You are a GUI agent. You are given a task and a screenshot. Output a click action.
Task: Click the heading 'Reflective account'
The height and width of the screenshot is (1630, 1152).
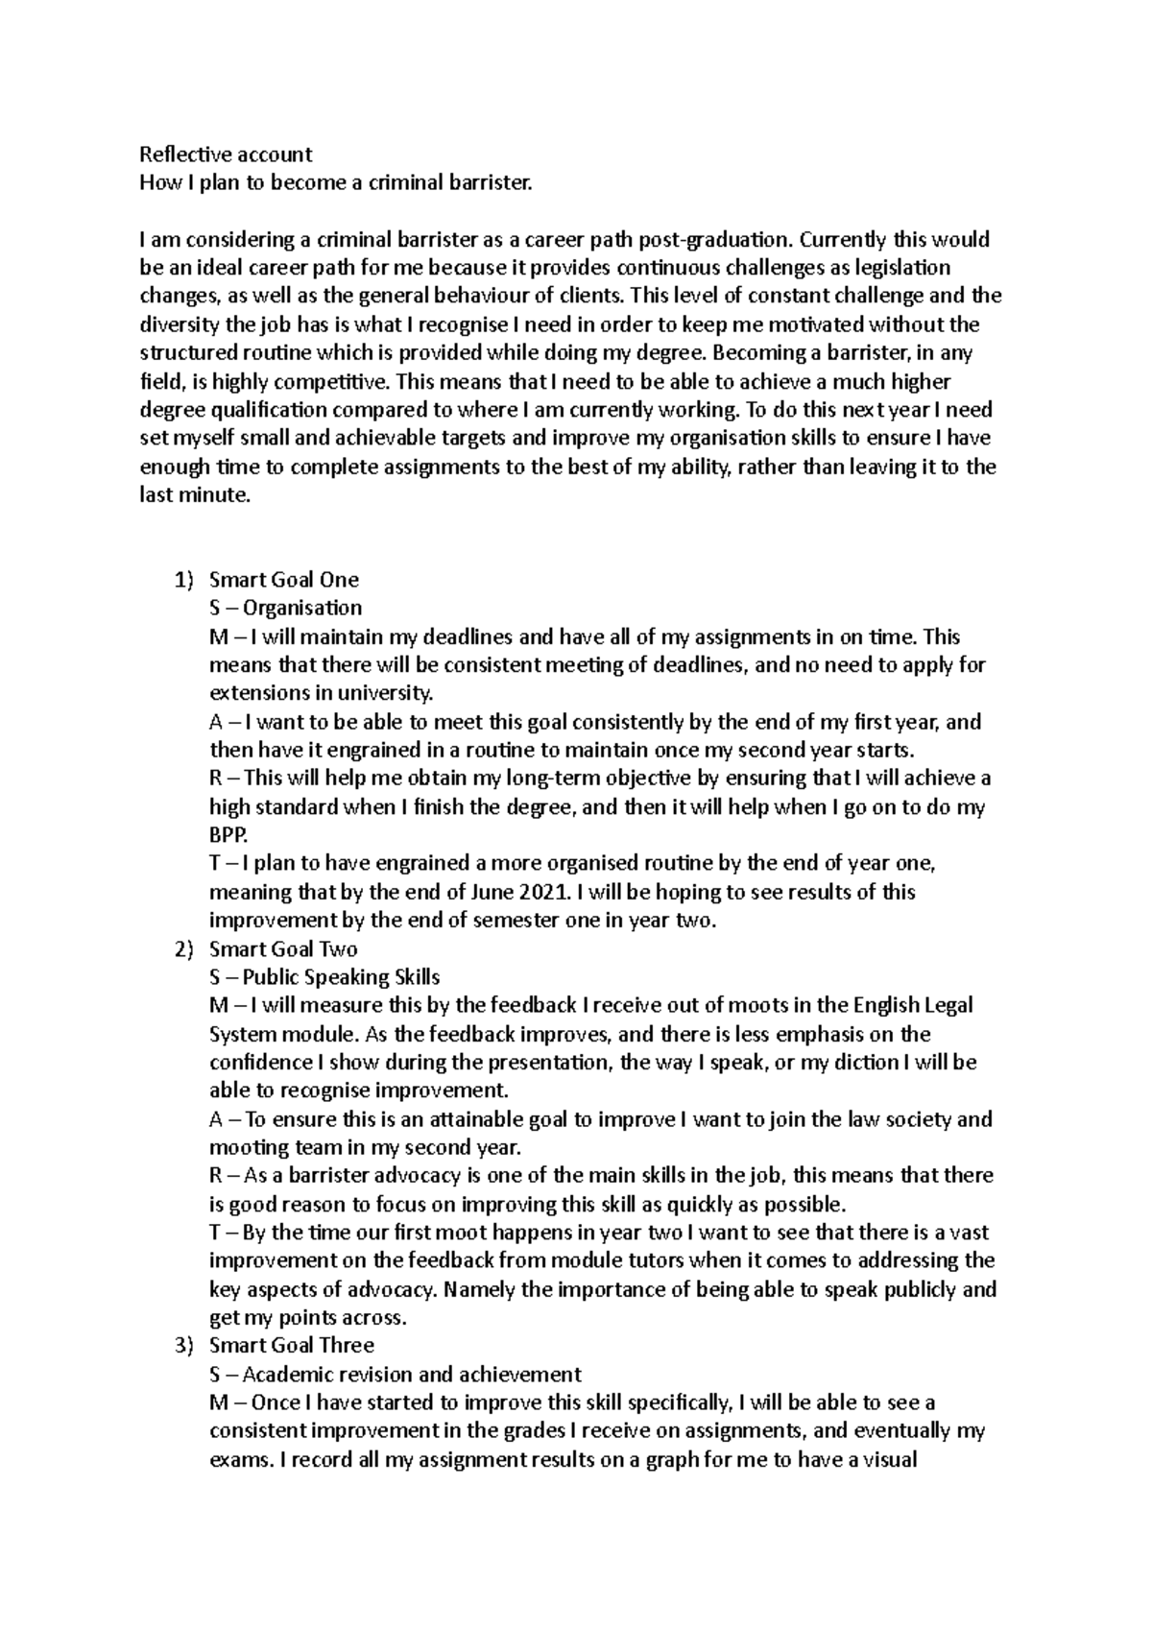click(x=226, y=154)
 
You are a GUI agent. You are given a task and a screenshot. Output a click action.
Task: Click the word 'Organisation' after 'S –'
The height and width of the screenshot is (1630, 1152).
click(x=301, y=608)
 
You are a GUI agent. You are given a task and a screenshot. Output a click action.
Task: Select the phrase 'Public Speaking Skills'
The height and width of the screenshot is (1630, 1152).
click(x=341, y=977)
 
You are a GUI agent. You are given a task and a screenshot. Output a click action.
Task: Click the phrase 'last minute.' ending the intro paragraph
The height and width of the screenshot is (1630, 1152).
click(x=194, y=495)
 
